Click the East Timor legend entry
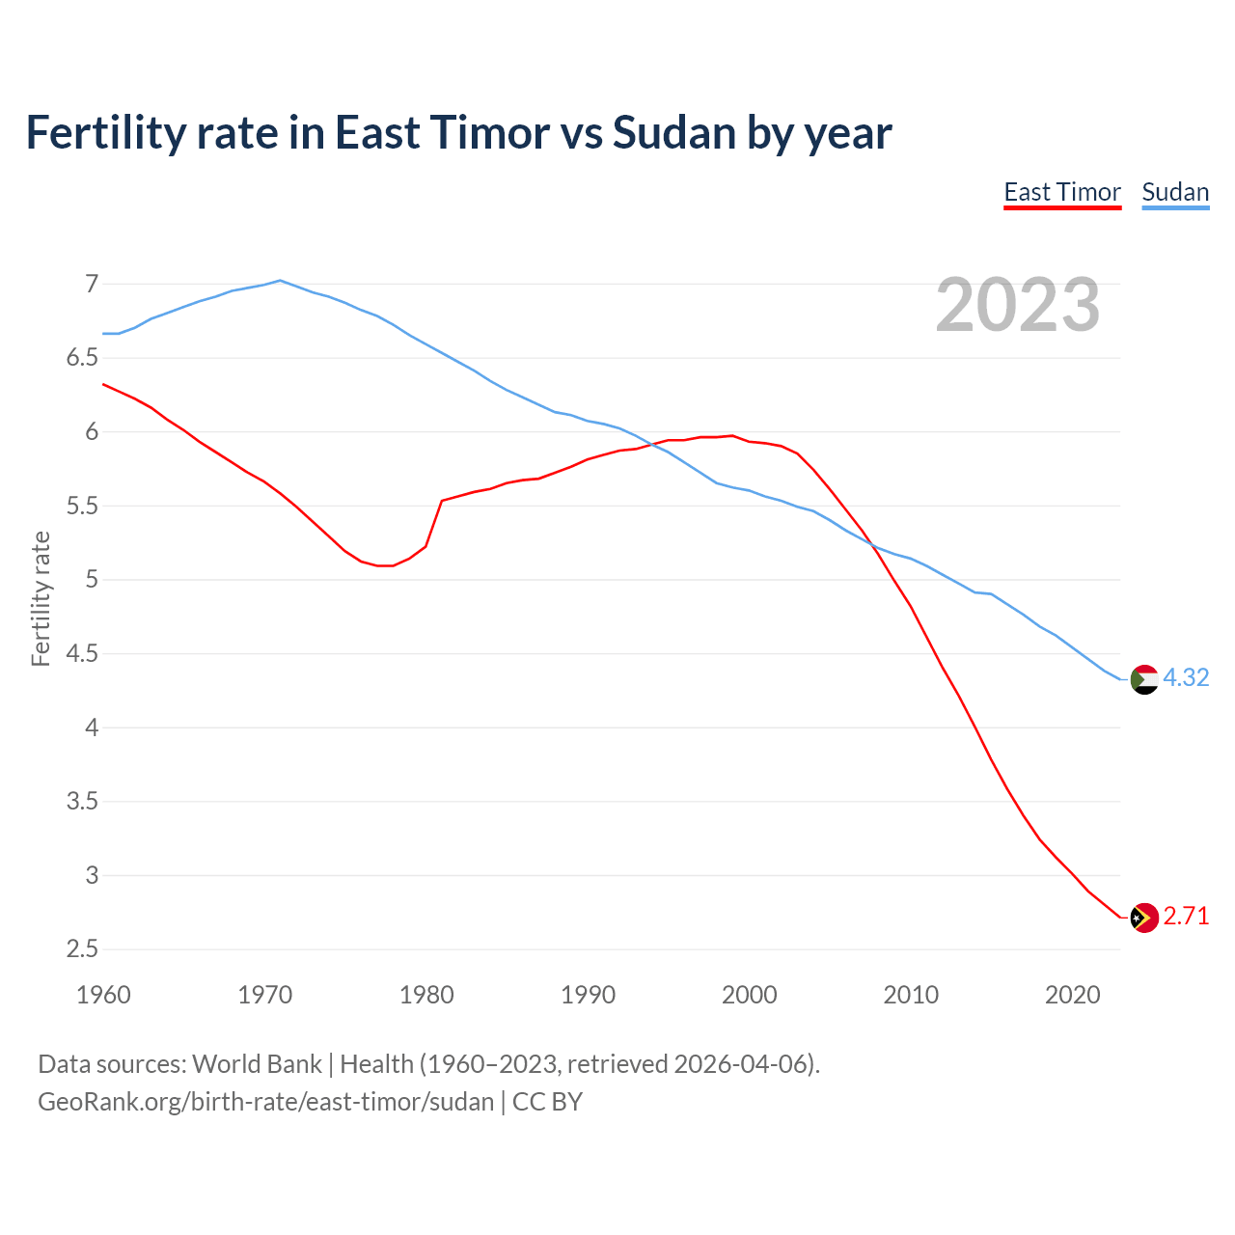pos(1061,192)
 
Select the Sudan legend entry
pos(1174,192)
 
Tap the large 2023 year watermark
pos(1017,305)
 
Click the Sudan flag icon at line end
pos(1143,679)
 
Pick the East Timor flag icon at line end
pos(1143,918)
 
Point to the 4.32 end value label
pos(1186,678)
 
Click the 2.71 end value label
pos(1186,917)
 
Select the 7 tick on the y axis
pos(92,284)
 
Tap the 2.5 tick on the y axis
pos(82,949)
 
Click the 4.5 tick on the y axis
pos(82,654)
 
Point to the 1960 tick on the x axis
pos(103,995)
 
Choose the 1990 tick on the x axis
pos(588,995)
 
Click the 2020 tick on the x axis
pos(1072,995)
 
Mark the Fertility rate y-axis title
pos(41,598)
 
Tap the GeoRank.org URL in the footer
pos(265,1102)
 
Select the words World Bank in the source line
pos(257,1064)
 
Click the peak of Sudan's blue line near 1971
pos(280,281)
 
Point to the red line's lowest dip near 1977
pos(385,565)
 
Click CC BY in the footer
pos(547,1102)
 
